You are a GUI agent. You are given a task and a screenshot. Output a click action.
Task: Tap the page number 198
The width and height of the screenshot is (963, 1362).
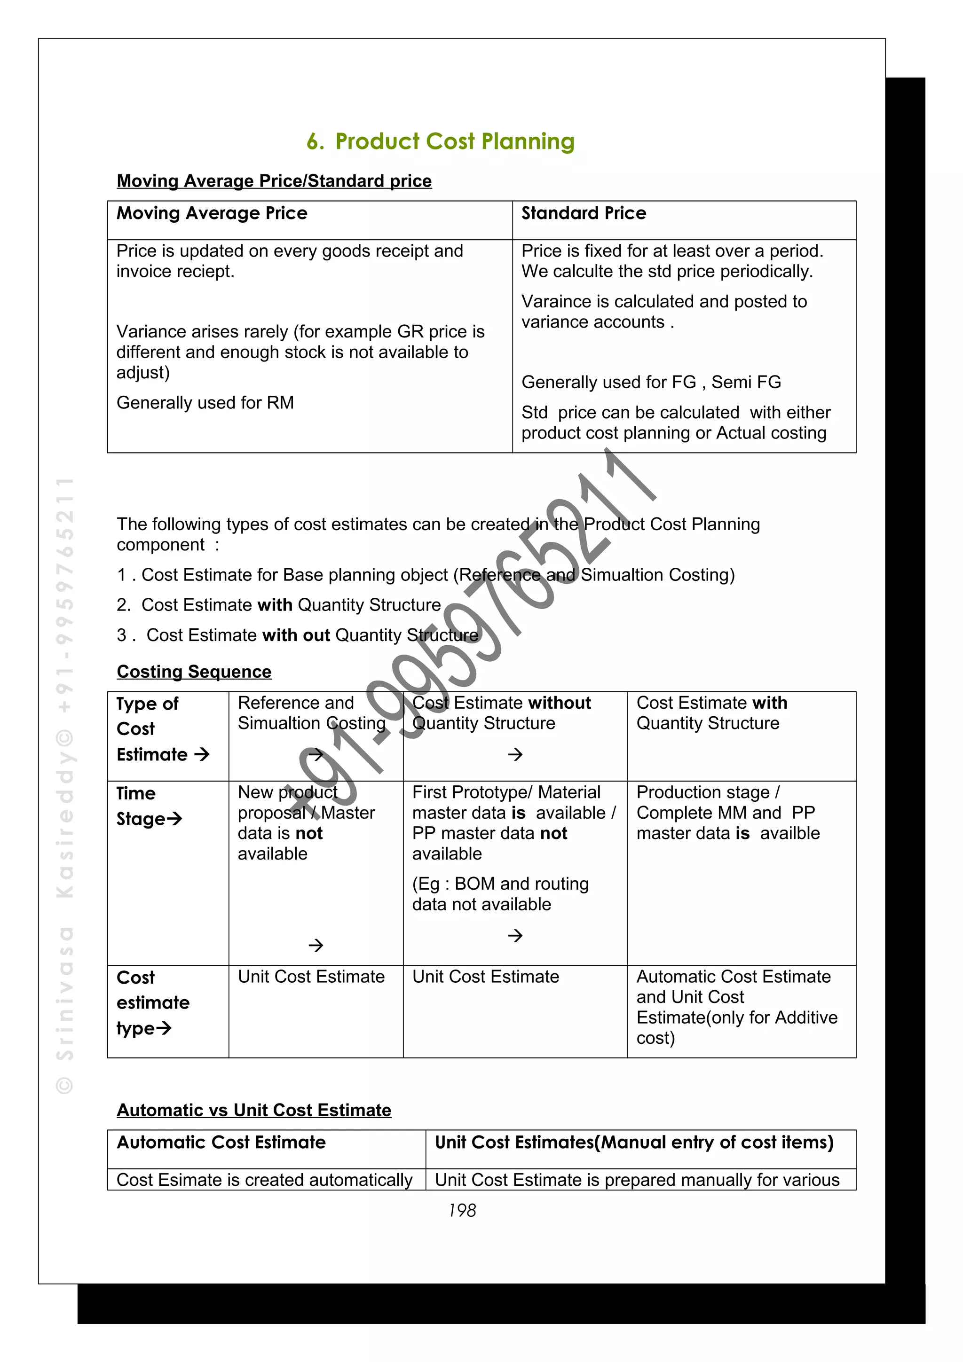tap(462, 1210)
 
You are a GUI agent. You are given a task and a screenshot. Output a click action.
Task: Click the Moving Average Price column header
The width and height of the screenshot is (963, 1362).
tap(212, 213)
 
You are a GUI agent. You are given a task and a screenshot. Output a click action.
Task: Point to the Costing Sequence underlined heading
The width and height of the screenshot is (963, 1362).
tap(194, 672)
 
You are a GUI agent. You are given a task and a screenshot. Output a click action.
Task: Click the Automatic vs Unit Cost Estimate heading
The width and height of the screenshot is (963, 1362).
tap(254, 1110)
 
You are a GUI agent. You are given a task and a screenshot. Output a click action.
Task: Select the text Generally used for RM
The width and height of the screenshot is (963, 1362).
tap(205, 403)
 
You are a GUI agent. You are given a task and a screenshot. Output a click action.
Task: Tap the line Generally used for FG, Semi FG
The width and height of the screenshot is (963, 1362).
tap(651, 382)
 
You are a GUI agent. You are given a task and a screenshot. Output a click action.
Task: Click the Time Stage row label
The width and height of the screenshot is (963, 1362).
tap(148, 806)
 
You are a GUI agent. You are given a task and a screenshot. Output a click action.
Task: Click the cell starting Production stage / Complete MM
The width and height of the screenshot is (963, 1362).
tap(727, 813)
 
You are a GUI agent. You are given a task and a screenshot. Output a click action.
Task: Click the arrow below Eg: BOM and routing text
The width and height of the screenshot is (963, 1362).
tap(515, 935)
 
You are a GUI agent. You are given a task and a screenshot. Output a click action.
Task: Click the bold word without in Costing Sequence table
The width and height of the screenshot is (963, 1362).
tap(559, 703)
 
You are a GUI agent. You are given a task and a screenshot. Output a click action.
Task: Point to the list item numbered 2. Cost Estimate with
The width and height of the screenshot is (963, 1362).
tap(279, 605)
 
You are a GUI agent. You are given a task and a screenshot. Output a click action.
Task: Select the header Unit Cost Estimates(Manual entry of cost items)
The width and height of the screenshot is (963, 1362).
tap(634, 1143)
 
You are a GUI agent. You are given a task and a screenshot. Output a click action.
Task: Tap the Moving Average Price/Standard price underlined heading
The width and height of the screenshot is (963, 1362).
tap(274, 181)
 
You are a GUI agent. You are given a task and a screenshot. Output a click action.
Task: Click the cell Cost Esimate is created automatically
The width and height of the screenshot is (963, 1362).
tap(265, 1180)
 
